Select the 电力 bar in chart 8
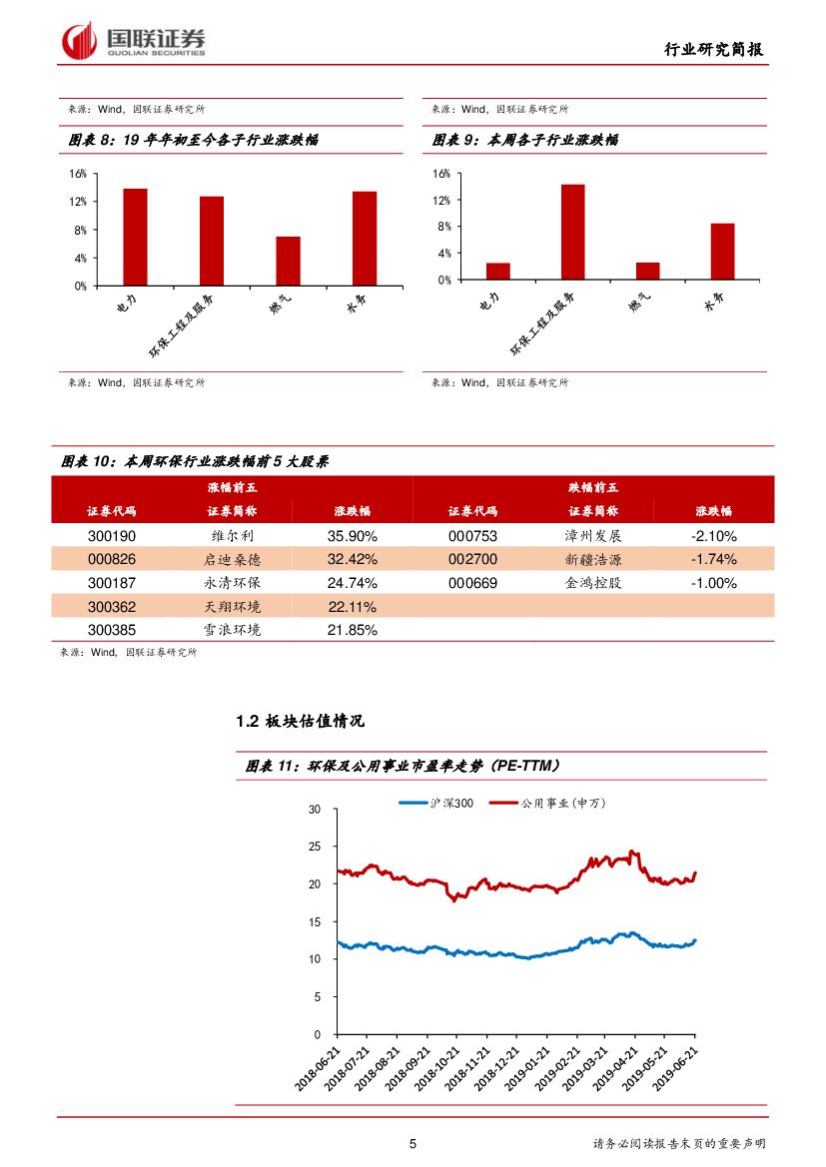click(x=135, y=237)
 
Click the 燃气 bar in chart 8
click(x=288, y=261)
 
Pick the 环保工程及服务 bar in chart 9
click(x=572, y=232)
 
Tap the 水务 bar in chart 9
click(x=722, y=251)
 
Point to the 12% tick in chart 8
click(x=79, y=202)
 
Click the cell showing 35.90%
click(x=352, y=536)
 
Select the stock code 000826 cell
click(x=112, y=559)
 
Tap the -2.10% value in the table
click(x=713, y=536)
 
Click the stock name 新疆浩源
click(x=592, y=559)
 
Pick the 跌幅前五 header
click(x=592, y=487)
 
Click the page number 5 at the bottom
click(x=413, y=1144)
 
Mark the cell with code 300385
click(x=112, y=631)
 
